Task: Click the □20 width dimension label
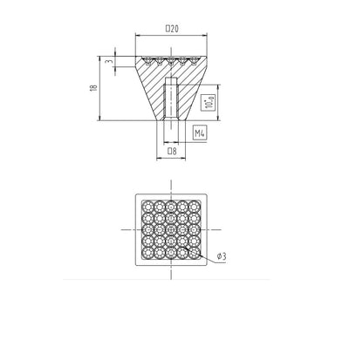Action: (172, 29)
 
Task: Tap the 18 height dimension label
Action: (93, 88)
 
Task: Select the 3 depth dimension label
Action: (109, 62)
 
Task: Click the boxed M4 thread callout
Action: (200, 133)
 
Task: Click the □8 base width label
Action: (172, 151)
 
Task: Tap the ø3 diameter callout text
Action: (222, 256)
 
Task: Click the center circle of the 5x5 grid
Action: (171, 230)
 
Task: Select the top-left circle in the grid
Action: (147, 207)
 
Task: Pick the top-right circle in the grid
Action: (195, 207)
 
